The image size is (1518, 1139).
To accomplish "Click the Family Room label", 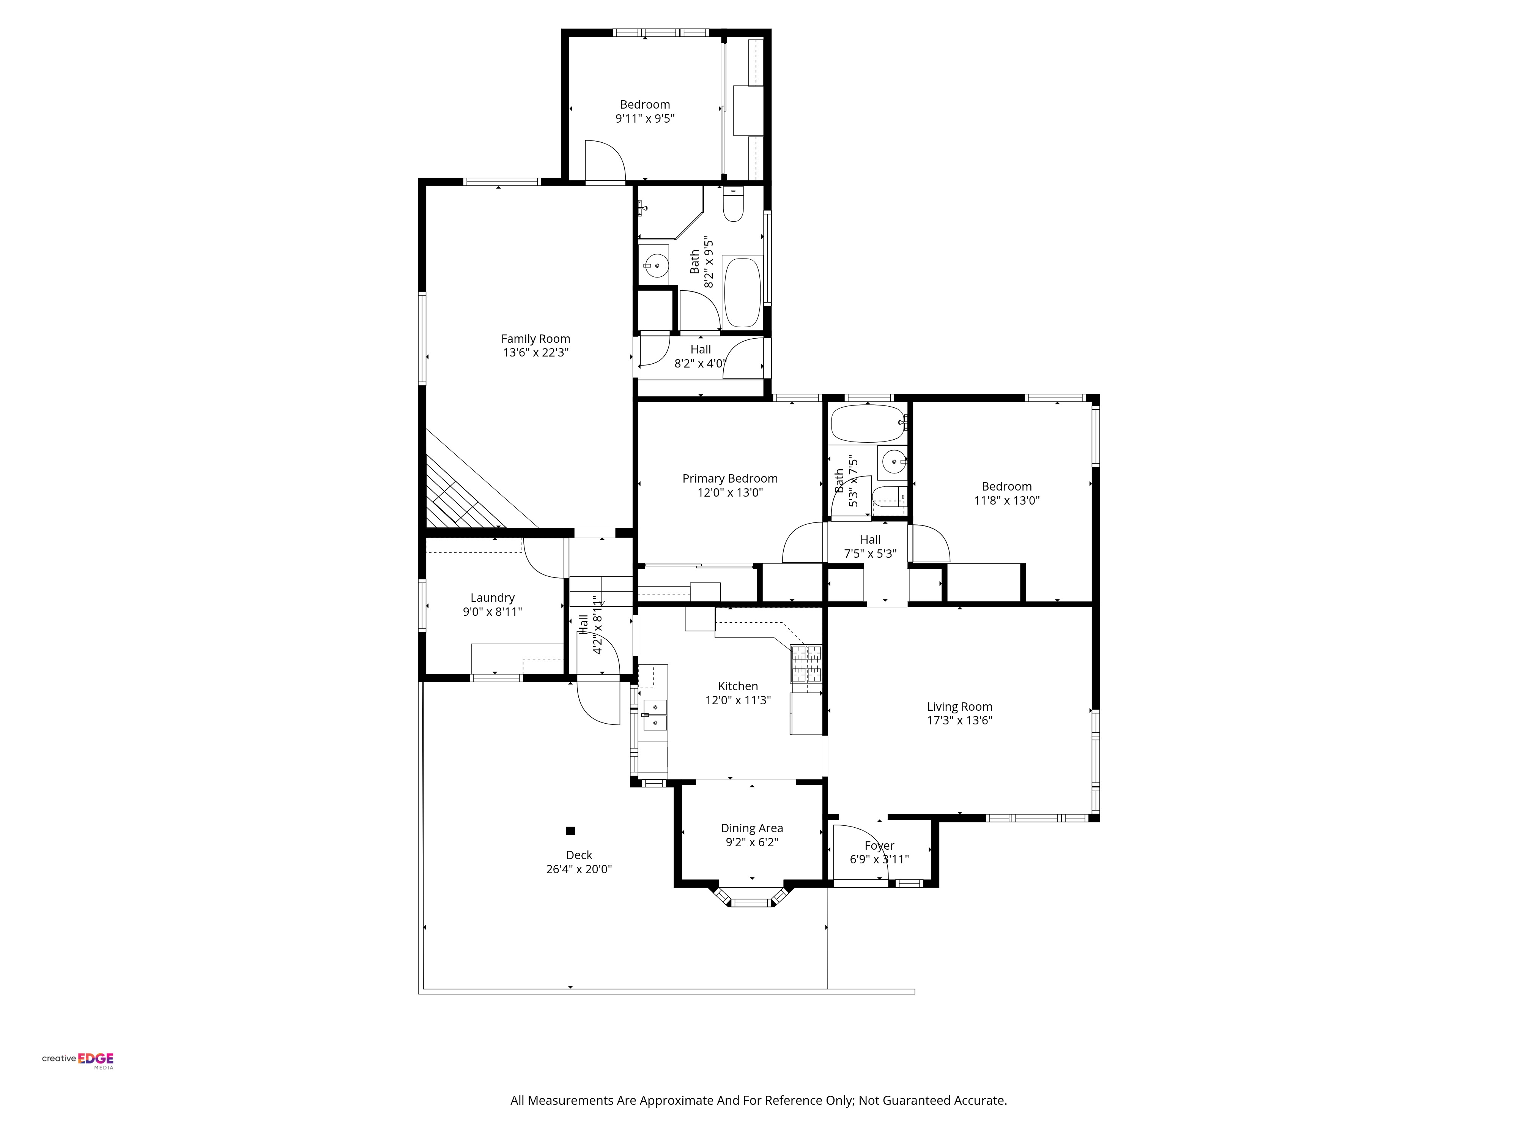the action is point(535,339).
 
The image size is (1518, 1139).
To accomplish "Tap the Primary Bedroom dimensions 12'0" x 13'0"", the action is point(730,492).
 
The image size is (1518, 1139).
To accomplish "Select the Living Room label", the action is point(959,707).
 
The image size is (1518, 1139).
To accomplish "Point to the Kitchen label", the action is point(738,686).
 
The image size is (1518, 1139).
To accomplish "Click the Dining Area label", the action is point(751,828).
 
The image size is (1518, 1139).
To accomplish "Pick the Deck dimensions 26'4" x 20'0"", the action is point(578,869).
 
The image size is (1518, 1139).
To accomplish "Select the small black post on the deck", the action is point(570,831).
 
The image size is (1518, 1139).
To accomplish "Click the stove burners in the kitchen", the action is point(806,664).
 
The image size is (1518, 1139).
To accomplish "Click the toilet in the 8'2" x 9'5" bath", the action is point(734,204).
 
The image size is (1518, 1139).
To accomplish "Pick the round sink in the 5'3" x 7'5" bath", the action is point(893,461).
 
